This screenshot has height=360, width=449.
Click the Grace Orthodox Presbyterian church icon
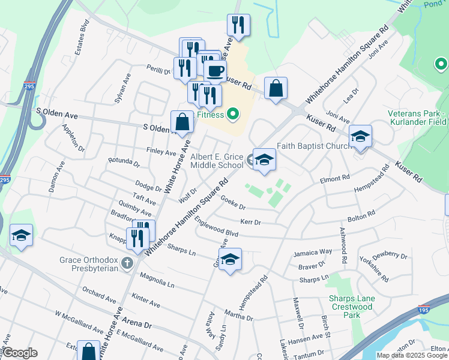pyautogui.click(x=127, y=263)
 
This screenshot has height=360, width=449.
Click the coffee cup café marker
pyautogui.click(x=215, y=71)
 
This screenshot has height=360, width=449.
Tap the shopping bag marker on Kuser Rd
pyautogui.click(x=275, y=89)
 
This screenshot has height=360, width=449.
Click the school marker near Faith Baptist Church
pyautogui.click(x=360, y=137)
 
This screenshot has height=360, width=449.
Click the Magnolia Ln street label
pyautogui.click(x=157, y=280)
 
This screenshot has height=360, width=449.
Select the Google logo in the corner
pyautogui.click(x=19, y=353)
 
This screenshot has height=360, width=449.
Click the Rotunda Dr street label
pyautogui.click(x=124, y=163)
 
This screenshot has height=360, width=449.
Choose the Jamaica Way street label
pyautogui.click(x=313, y=252)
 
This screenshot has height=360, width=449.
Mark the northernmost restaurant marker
pyautogui.click(x=238, y=26)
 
